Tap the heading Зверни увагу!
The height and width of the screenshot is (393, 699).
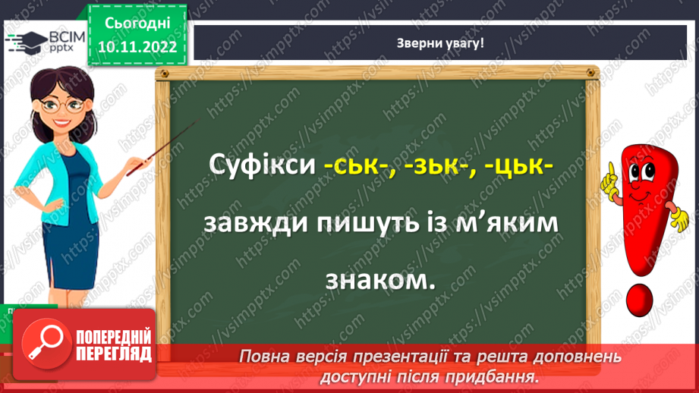click(441, 43)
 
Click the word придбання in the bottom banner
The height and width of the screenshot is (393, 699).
click(500, 376)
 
